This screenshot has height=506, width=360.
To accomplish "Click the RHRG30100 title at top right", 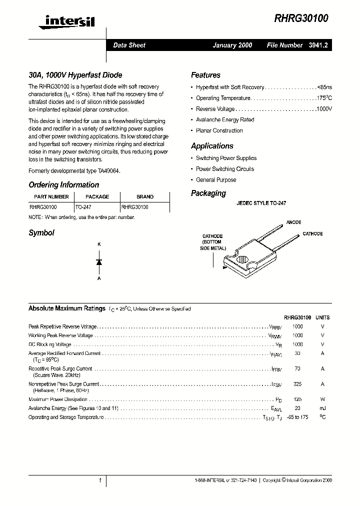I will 301,19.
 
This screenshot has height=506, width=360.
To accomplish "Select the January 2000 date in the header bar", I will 232,45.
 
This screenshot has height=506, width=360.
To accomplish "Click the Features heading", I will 205,75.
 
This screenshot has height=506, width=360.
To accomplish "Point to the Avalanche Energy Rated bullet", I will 225,120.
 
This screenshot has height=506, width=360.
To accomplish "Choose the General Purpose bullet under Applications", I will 216,180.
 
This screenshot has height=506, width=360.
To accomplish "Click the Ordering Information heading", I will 63,184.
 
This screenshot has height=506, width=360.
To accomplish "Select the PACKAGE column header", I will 97,197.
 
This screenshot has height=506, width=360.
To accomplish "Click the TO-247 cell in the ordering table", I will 83,206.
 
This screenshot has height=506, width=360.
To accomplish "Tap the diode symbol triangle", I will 99,262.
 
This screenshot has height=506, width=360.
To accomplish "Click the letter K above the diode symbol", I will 99,244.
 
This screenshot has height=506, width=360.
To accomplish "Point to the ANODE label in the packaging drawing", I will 293,222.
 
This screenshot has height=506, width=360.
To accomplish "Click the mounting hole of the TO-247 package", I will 242,260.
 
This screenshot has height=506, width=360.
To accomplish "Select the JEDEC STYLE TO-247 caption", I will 261,204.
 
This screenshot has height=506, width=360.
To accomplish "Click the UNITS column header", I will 322,317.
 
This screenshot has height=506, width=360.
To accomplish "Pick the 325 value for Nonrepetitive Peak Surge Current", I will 297,384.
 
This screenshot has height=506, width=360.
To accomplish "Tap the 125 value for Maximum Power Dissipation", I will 297,399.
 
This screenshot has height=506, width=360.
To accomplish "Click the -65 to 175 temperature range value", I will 297,417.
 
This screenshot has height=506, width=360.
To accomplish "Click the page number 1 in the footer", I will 100,480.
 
